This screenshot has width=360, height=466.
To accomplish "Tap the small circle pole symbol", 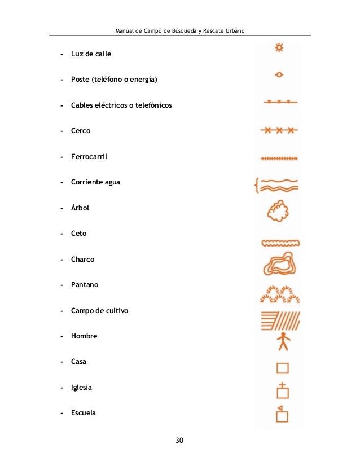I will pyautogui.click(x=279, y=74).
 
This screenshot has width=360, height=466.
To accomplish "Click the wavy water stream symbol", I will pyautogui.click(x=280, y=184).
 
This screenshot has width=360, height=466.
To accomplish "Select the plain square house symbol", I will pyautogui.click(x=282, y=368).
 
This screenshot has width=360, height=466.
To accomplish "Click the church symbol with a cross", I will pyautogui.click(x=282, y=390).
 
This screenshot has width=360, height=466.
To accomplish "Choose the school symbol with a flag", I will pyautogui.click(x=282, y=414).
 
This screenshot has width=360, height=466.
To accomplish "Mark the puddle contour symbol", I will pyautogui.click(x=279, y=265).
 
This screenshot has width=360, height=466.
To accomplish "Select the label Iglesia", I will pyautogui.click(x=81, y=388).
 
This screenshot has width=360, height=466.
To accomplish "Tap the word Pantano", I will pyautogui.click(x=85, y=285).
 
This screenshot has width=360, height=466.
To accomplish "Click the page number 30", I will pyautogui.click(x=179, y=440).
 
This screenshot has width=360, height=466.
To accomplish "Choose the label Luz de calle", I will pyautogui.click(x=91, y=54).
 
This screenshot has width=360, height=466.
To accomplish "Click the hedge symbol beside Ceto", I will pyautogui.click(x=280, y=243).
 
